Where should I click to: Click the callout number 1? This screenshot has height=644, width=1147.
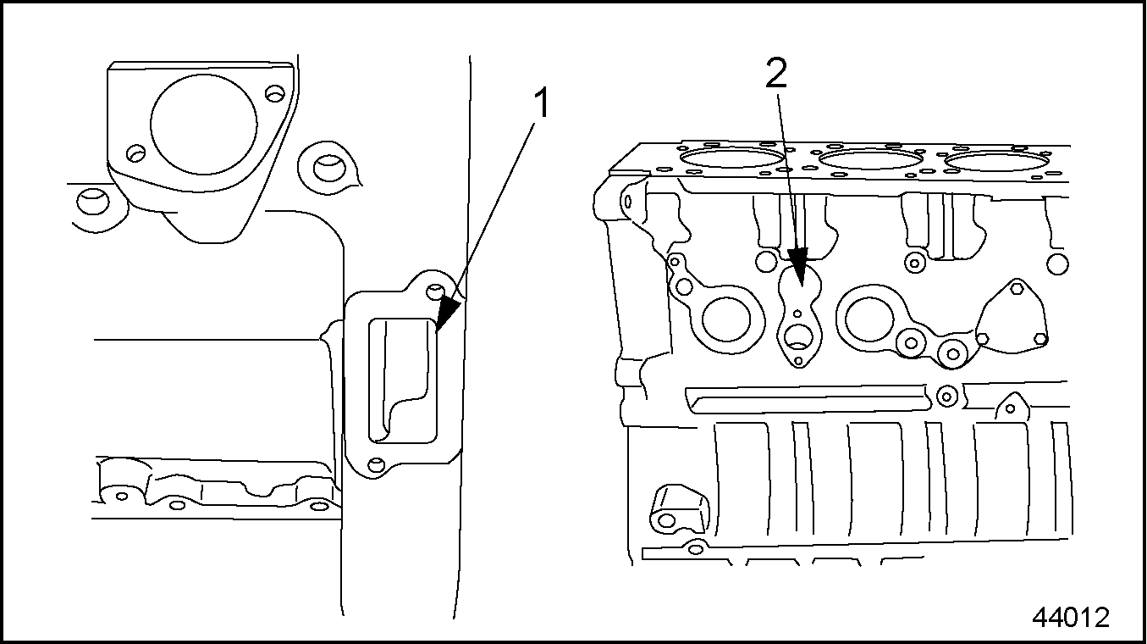coord(541,104)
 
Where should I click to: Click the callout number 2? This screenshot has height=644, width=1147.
coord(776,75)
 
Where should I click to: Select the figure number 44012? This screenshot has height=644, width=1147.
coord(1070,617)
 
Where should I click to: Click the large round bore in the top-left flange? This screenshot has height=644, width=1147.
coord(203,125)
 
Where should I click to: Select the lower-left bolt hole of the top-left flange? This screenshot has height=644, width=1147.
coord(134,153)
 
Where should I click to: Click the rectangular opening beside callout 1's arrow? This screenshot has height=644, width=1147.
coord(402,378)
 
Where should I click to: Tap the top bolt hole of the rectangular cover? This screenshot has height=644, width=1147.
coord(434,292)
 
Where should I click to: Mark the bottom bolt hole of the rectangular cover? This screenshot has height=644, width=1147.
coord(378,464)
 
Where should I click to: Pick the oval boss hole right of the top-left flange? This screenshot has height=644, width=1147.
coord(325,165)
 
